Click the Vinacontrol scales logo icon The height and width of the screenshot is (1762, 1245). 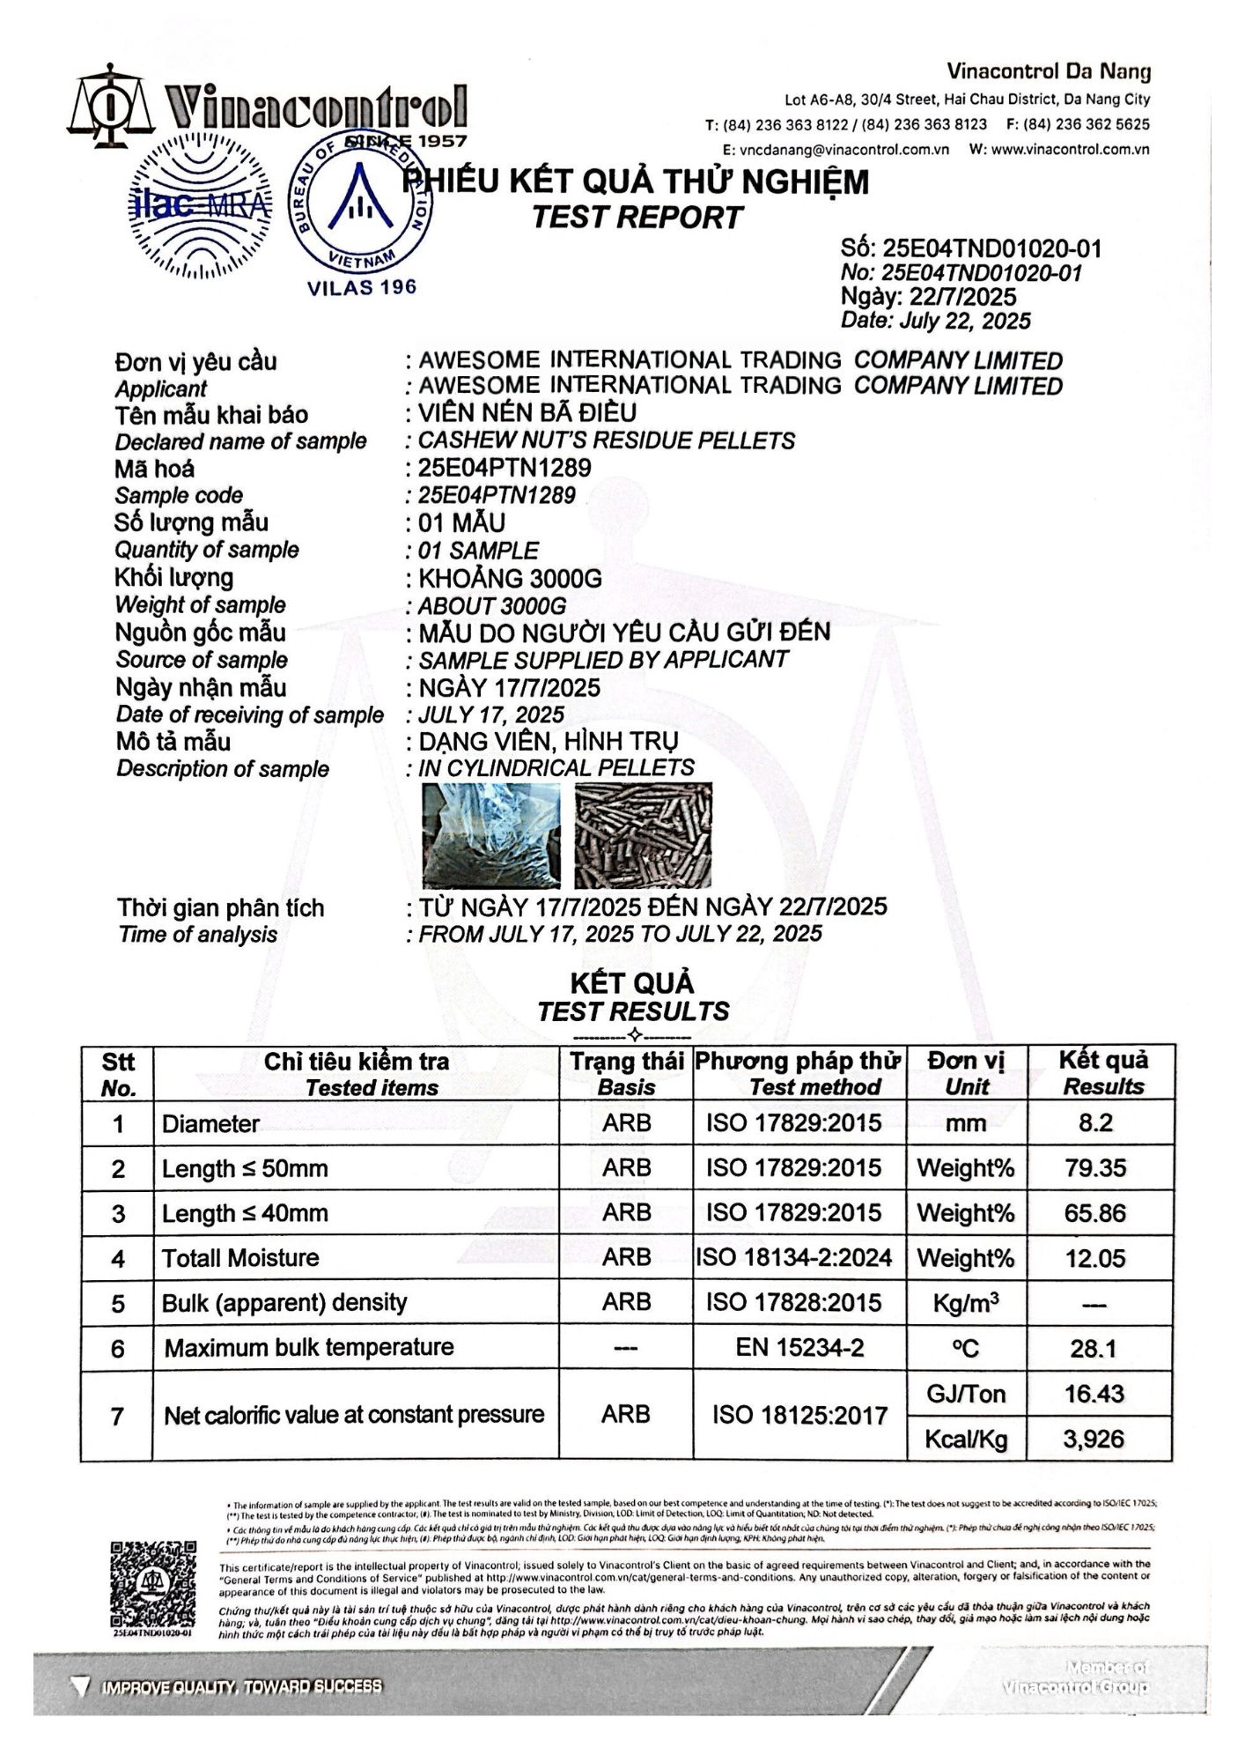point(109,107)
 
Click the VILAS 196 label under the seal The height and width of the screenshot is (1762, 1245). point(361,287)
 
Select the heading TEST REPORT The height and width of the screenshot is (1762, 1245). point(637,217)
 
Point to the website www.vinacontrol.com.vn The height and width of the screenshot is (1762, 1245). point(1071,150)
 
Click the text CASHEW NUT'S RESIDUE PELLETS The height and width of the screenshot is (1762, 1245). point(606,440)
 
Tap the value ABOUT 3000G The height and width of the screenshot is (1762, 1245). point(491,606)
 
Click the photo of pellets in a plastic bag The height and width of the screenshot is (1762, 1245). point(491,833)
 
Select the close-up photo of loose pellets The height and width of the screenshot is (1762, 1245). point(643,833)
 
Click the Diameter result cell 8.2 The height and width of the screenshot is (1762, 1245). point(1094,1123)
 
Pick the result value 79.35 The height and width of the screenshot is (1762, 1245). point(1094,1168)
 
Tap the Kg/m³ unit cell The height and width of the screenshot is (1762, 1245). point(967,1303)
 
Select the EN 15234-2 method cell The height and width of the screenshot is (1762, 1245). point(799,1348)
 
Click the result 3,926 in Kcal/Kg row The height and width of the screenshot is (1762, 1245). point(1094,1439)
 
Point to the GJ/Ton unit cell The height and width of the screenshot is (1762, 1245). point(967,1394)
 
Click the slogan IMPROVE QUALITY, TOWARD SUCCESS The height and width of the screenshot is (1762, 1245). point(242,1686)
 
